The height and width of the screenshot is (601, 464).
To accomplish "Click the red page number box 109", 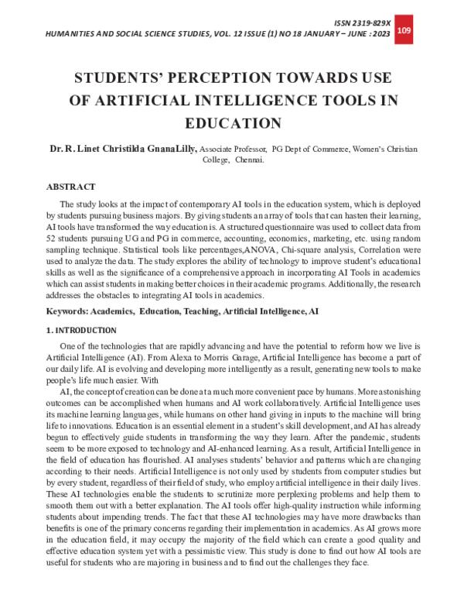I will click(x=404, y=30).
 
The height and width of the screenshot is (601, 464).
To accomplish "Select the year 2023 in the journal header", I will click(x=377, y=35).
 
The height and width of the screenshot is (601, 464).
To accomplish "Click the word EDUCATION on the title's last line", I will click(x=232, y=122).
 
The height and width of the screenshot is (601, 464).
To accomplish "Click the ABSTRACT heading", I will click(x=71, y=187).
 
